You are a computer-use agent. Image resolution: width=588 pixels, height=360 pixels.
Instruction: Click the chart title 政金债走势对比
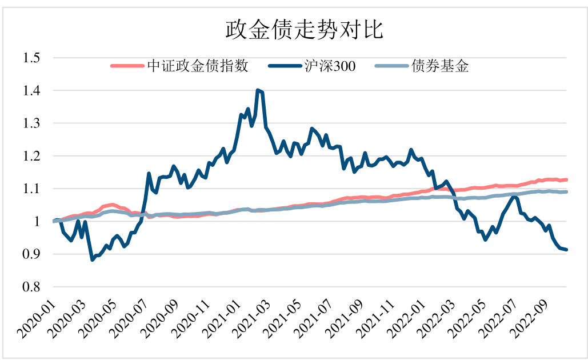[303, 29]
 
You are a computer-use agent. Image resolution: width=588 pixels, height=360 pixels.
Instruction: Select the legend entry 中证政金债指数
[197, 66]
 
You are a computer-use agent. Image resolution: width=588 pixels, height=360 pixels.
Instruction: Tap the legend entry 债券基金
[439, 66]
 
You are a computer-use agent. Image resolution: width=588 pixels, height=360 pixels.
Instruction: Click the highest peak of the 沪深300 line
[258, 90]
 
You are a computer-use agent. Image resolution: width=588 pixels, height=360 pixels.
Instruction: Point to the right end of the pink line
[566, 179]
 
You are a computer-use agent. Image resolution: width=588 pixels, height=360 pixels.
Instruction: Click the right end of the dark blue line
[566, 249]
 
